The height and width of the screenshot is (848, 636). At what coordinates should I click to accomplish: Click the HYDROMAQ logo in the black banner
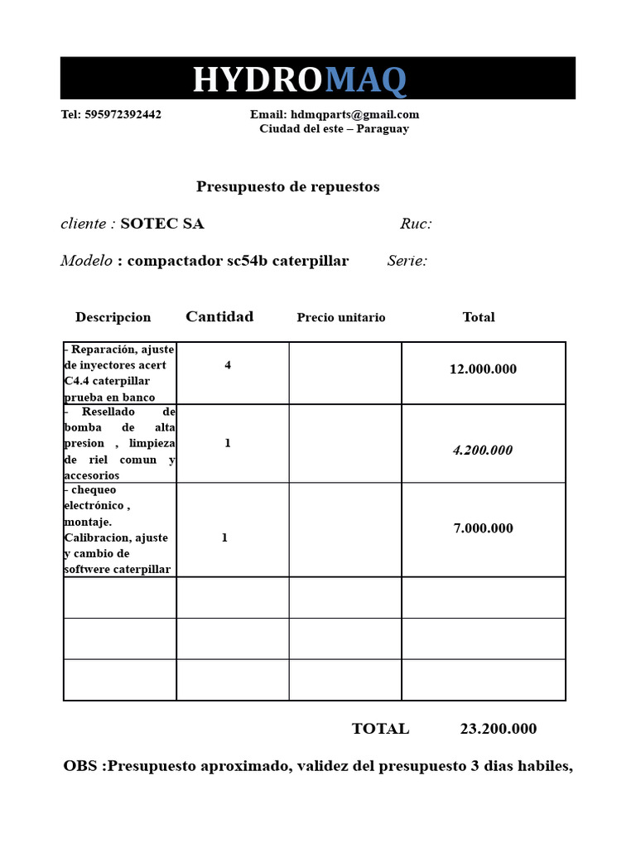click(x=300, y=79)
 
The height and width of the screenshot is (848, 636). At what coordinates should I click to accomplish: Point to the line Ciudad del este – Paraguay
click(x=334, y=128)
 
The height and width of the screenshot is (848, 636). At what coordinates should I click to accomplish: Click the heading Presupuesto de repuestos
click(x=287, y=186)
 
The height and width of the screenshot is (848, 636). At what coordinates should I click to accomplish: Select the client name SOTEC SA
click(x=162, y=224)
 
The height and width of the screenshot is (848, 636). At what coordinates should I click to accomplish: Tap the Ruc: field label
click(x=416, y=224)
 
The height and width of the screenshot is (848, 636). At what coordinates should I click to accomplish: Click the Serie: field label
click(x=407, y=261)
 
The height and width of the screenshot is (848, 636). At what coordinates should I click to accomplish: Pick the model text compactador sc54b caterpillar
click(x=238, y=261)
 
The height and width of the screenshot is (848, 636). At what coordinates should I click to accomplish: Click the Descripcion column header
click(x=113, y=317)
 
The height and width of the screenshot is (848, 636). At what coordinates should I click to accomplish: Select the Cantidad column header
click(x=219, y=316)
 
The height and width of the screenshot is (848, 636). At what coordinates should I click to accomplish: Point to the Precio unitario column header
click(x=340, y=317)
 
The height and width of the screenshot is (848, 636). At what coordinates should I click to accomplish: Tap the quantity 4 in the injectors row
click(x=228, y=365)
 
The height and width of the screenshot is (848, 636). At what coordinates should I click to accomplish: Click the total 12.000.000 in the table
click(x=483, y=369)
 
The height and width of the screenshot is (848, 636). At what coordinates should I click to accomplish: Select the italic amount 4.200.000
click(x=482, y=450)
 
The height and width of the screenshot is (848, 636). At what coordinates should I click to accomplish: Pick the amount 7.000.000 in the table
click(x=483, y=528)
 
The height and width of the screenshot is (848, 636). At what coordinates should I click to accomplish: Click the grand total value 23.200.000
click(x=498, y=729)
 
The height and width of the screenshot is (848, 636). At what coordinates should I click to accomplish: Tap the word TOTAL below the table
click(x=380, y=729)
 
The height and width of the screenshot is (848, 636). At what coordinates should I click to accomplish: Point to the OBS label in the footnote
click(x=83, y=766)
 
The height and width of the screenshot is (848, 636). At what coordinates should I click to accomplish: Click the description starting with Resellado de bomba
click(x=119, y=443)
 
